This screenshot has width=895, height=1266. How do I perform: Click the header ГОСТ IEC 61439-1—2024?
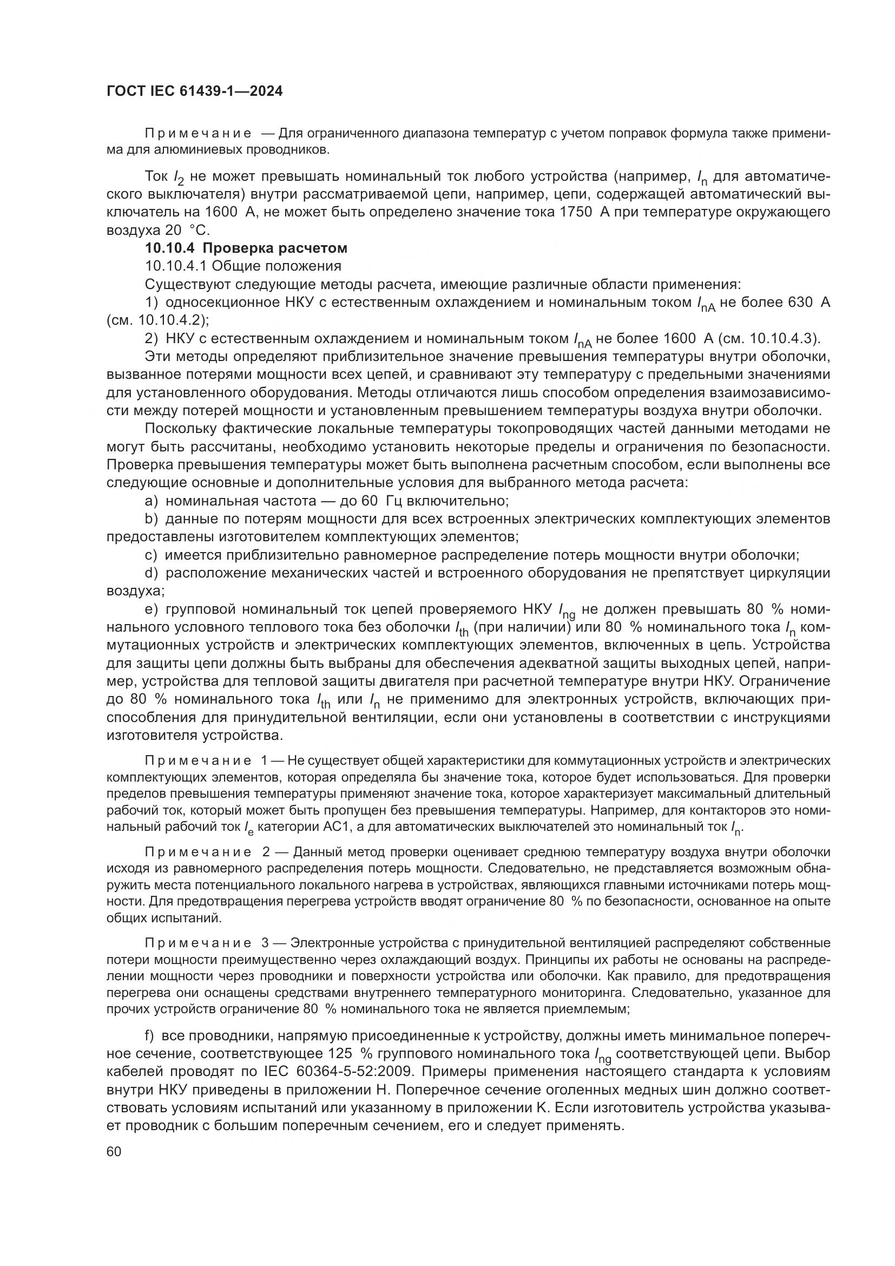click(x=195, y=91)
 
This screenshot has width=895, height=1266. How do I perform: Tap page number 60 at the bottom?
click(x=114, y=1151)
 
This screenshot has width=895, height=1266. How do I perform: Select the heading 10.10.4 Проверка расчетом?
click(x=246, y=248)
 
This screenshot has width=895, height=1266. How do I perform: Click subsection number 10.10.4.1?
click(x=175, y=266)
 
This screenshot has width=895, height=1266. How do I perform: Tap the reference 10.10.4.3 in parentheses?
click(x=782, y=338)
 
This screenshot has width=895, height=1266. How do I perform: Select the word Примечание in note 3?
click(x=199, y=943)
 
